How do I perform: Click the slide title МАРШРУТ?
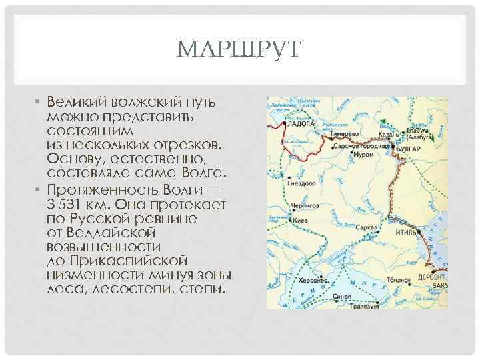click(x=241, y=50)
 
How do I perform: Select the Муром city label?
click(x=363, y=154)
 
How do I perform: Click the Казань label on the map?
click(x=390, y=134)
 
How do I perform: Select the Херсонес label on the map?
click(x=313, y=280)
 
